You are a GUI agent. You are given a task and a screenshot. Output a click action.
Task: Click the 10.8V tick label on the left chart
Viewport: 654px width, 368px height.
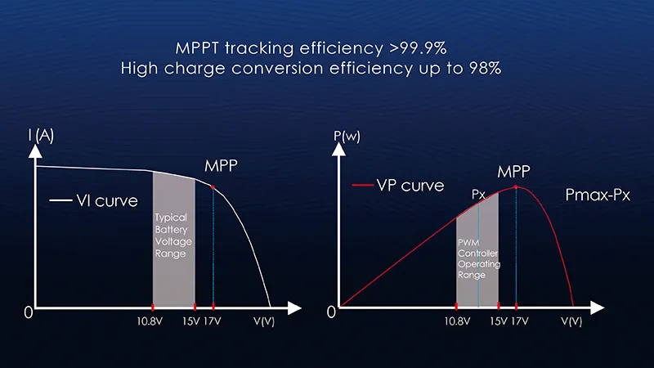[x=153, y=321]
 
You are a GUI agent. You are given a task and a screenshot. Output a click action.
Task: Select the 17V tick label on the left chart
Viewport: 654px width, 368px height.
[x=213, y=321]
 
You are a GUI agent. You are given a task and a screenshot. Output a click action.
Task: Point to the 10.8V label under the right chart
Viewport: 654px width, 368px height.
[x=457, y=321]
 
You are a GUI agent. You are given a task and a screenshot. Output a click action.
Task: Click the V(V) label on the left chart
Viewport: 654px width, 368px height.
[x=266, y=321]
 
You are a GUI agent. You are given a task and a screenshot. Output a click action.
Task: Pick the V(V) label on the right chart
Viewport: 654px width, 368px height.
[x=571, y=321]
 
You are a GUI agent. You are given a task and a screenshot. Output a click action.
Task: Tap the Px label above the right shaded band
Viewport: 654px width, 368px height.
[x=479, y=196]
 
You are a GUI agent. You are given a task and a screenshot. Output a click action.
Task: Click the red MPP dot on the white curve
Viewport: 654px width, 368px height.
[x=213, y=187]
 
